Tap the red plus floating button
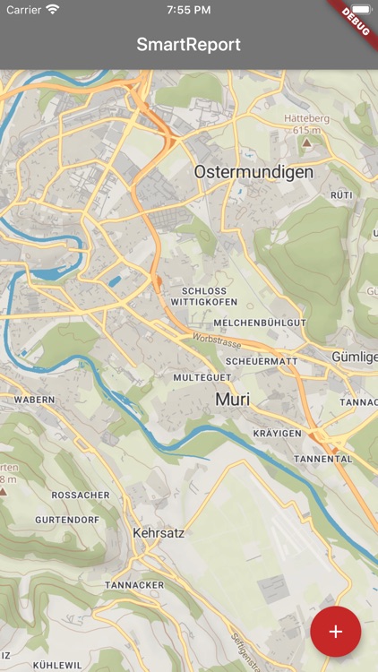pos(335,632)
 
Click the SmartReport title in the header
pos(189,44)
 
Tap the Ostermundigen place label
pos(253,171)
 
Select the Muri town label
pos(232,400)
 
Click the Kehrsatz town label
pos(158,532)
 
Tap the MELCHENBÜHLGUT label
pos(261,322)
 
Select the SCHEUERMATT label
pos(262,360)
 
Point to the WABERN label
pos(34,400)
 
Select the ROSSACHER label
pos(81,495)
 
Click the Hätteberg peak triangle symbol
pos(306,142)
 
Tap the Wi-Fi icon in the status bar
pos(53,9)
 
